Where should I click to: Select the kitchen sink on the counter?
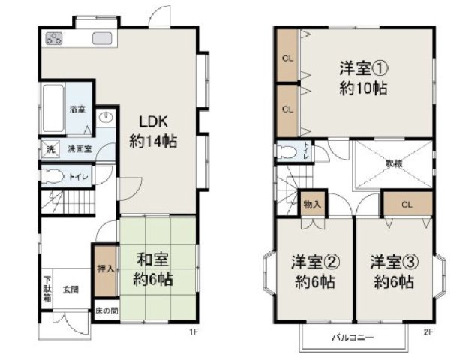click(x=102, y=39)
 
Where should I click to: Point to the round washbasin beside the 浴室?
click(x=107, y=117)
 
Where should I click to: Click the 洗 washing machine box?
click(x=50, y=148)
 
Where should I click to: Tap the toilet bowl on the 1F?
click(x=55, y=177)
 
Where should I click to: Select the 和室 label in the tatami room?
click(x=152, y=260)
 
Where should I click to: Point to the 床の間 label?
click(x=106, y=310)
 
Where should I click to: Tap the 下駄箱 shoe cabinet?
click(x=47, y=289)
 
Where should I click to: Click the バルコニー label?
click(x=353, y=338)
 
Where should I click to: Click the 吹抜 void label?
click(x=393, y=163)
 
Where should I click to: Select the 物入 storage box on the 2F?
click(x=311, y=204)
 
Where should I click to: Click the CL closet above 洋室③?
click(x=407, y=203)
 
